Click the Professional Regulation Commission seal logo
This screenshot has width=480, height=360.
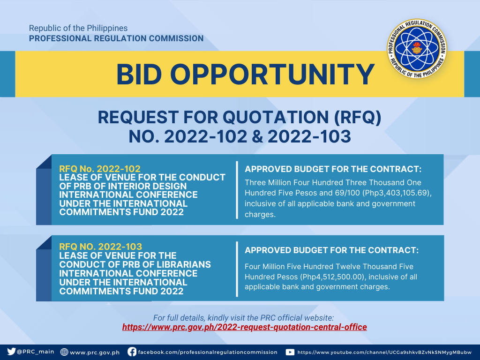pyautogui.click(x=417, y=49)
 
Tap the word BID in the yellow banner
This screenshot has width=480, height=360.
pyautogui.click(x=139, y=75)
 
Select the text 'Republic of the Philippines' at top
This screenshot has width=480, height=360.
pyautogui.click(x=78, y=28)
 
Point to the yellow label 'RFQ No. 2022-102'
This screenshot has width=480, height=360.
pyautogui.click(x=100, y=169)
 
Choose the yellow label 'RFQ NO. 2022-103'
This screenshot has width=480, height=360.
pyautogui.click(x=100, y=247)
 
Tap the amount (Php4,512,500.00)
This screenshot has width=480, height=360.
pyautogui.click(x=333, y=277)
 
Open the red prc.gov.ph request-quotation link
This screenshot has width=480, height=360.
pyautogui.click(x=244, y=327)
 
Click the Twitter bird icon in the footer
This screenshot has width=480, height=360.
pyautogui.click(x=11, y=352)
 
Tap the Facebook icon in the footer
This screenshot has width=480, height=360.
pyautogui.click(x=132, y=352)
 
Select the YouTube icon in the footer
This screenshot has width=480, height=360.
pyautogui.click(x=290, y=352)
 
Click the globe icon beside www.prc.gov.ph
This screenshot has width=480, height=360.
pyautogui.click(x=64, y=352)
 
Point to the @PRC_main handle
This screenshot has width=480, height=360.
pyautogui.click(x=36, y=352)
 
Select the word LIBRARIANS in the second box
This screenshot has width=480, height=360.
pyautogui.click(x=179, y=264)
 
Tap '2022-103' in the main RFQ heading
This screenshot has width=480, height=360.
pyautogui.click(x=309, y=136)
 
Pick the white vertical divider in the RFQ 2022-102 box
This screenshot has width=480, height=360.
pyautogui.click(x=237, y=190)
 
